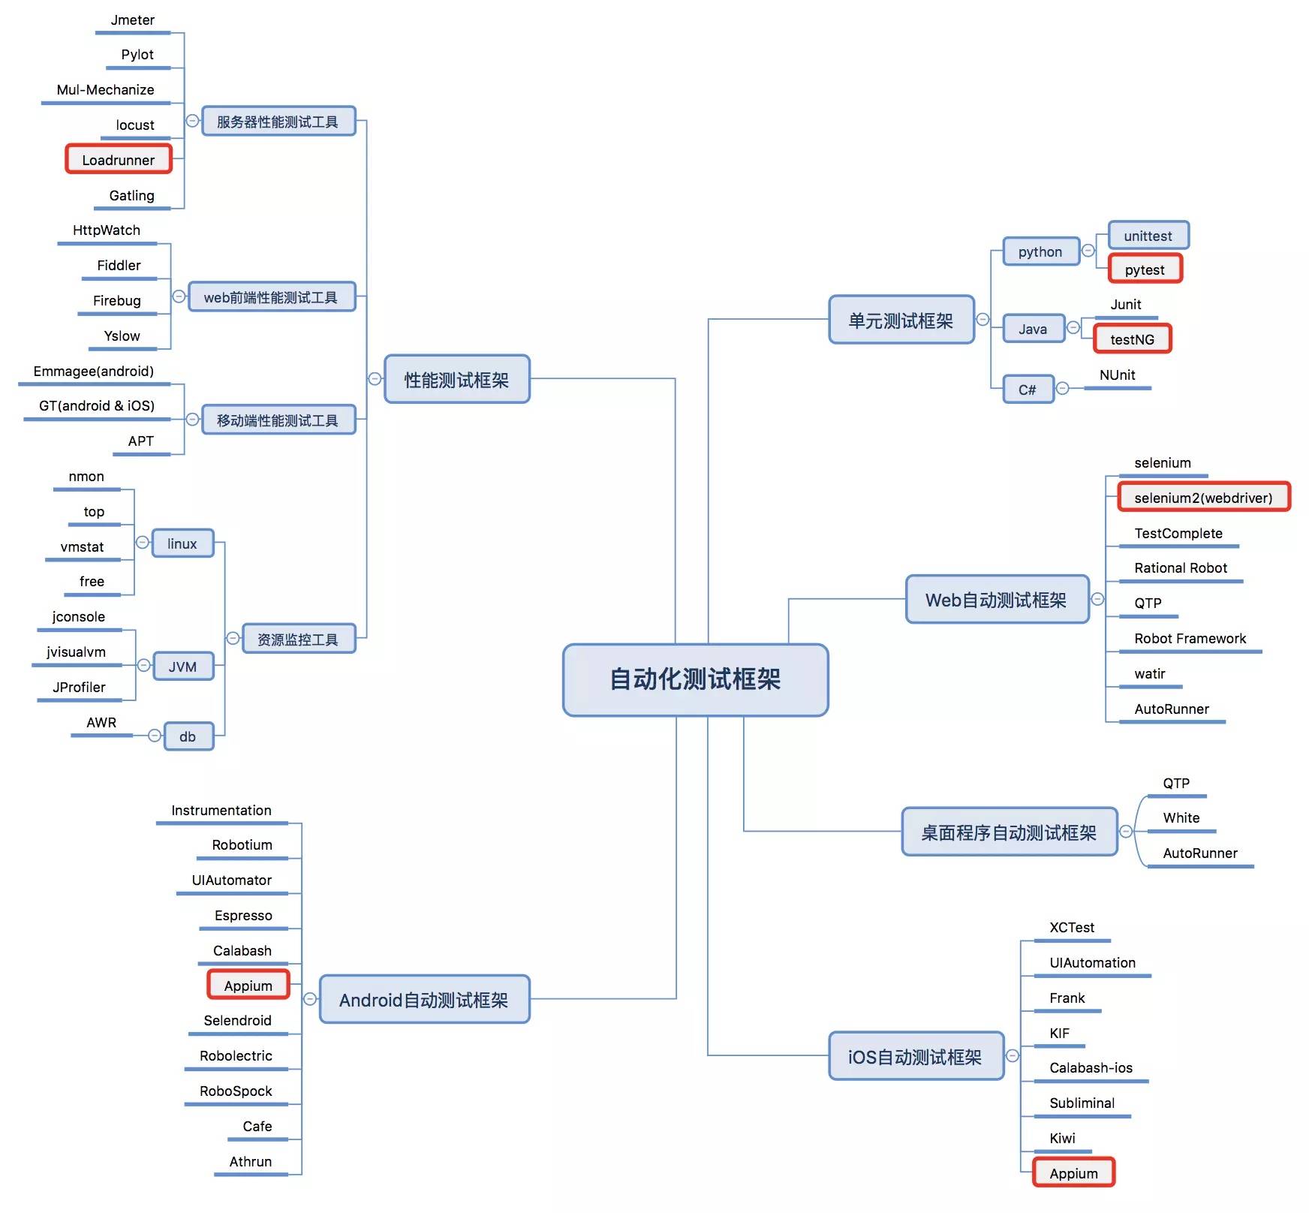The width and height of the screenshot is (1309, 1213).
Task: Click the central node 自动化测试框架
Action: coord(695,679)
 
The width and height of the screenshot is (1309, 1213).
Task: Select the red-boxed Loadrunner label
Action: coord(119,159)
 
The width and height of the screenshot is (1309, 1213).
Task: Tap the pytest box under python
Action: coord(1145,269)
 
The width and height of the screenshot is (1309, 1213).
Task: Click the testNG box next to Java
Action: coord(1132,339)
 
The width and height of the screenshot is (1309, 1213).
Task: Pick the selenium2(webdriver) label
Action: coord(1203,497)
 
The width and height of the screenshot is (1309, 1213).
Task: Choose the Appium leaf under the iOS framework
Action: coord(1073,1172)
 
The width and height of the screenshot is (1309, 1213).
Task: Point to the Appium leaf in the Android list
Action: coord(248,985)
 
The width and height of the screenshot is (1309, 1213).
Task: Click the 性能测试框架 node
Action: coord(456,379)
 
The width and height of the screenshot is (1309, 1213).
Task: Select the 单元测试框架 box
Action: coord(901,320)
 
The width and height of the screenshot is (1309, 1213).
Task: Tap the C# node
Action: coord(1028,389)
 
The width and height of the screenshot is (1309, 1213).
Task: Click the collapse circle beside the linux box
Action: coord(143,542)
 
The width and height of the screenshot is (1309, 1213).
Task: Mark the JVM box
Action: coord(182,666)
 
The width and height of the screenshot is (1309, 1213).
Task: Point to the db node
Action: coord(188,736)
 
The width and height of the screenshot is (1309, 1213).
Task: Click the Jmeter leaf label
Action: coord(133,20)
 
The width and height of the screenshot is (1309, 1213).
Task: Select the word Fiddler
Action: coord(119,265)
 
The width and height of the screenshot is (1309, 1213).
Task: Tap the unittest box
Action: coord(1148,236)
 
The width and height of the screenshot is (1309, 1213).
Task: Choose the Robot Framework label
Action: coord(1190,638)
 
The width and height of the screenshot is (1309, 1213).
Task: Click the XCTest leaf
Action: coord(1072,927)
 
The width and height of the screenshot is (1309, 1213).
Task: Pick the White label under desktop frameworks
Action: coord(1181,817)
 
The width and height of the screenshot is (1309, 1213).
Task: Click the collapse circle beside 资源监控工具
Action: coord(233,638)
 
